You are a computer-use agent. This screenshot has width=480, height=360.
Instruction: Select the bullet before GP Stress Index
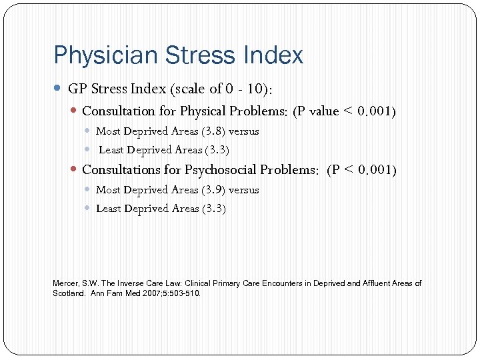58,88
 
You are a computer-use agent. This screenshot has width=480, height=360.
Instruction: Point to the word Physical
203,111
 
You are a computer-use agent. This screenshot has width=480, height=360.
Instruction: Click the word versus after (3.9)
244,190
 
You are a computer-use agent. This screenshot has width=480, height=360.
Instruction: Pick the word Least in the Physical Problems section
111,150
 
